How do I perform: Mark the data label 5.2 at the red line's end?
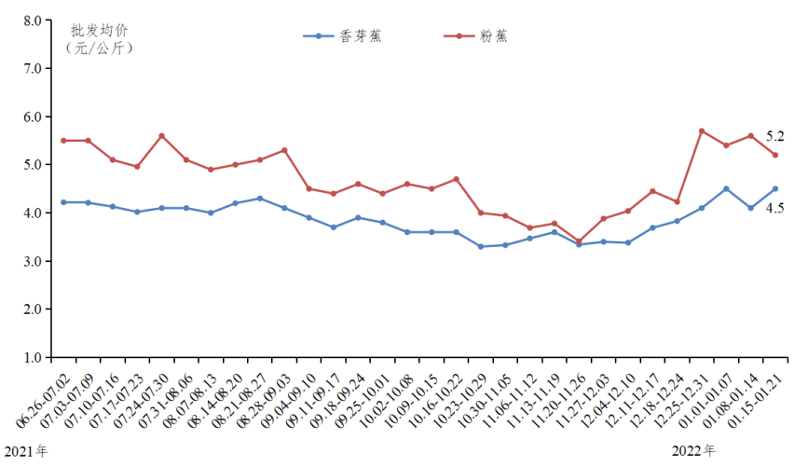pos(774,137)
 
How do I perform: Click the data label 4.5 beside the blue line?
pos(774,209)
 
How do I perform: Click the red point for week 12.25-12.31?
pos(702,130)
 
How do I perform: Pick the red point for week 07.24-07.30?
pos(162,135)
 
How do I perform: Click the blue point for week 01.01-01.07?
pos(726,189)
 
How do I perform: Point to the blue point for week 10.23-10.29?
pos(481,246)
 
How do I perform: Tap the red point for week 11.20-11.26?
pos(579,241)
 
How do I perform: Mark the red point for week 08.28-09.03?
pos(284,150)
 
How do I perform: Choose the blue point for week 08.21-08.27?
pos(260,198)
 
